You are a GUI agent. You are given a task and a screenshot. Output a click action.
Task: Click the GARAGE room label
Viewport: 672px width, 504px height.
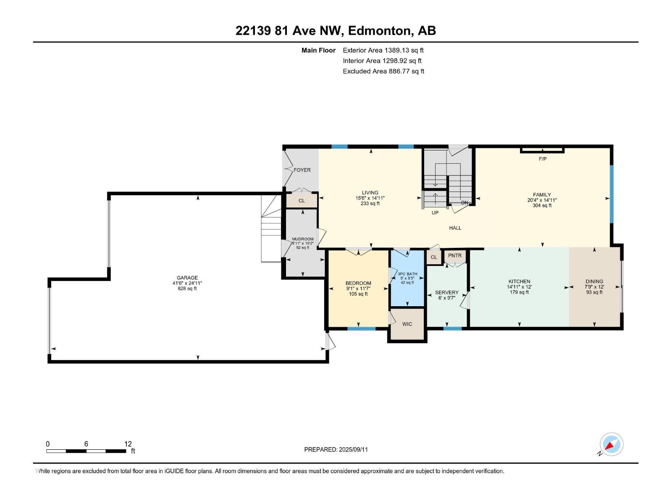click(x=187, y=278)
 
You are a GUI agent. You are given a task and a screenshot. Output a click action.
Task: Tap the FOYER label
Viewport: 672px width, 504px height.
click(x=302, y=170)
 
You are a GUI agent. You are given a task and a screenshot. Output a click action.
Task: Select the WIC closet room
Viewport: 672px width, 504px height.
click(x=407, y=324)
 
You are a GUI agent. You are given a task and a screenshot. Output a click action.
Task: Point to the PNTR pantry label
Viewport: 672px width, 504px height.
click(x=454, y=255)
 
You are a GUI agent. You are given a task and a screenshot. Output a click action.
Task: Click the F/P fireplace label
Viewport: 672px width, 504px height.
click(x=542, y=159)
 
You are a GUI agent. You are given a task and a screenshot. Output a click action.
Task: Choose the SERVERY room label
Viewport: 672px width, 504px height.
click(x=446, y=292)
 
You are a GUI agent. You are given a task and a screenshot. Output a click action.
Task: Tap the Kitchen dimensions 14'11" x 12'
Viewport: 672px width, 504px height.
click(x=519, y=287)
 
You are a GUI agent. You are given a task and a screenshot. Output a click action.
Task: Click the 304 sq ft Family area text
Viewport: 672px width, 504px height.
click(x=542, y=205)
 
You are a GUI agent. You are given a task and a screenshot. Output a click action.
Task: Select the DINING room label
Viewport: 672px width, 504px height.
click(x=594, y=281)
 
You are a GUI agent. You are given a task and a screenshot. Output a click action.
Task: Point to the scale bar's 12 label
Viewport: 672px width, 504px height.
click(x=128, y=444)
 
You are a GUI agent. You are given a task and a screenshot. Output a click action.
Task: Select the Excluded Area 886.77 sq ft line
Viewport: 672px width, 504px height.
click(x=383, y=71)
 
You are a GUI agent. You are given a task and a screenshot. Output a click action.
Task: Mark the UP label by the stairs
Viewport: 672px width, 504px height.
click(x=435, y=213)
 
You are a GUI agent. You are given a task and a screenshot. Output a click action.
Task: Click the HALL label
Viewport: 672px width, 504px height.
click(x=455, y=228)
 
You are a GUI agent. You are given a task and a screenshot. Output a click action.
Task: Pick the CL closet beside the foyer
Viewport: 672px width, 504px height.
click(x=302, y=201)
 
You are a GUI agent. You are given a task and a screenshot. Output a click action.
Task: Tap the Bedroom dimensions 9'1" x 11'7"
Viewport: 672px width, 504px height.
click(x=358, y=289)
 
